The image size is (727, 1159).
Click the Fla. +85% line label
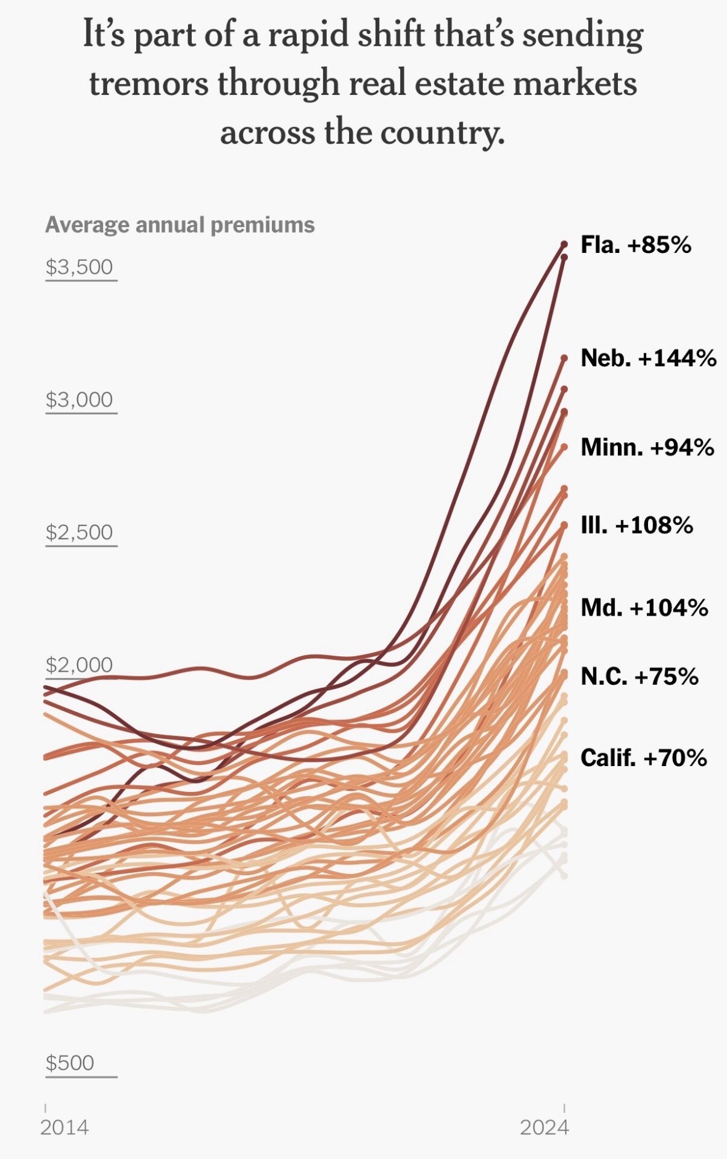coord(636,245)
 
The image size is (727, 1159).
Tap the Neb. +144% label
coord(648,358)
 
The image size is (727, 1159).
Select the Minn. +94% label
coord(647,447)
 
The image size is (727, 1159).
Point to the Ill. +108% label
coord(636,526)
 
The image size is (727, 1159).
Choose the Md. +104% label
coord(644,608)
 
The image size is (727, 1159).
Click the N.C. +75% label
coord(639,677)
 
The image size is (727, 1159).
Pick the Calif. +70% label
coord(643,757)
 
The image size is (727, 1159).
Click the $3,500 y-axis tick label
coord(80,267)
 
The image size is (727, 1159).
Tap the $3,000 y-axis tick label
coord(80,400)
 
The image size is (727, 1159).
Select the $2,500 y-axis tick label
coord(80,532)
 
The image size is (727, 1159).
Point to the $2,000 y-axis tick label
coord(80,665)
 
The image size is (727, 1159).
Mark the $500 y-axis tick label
coord(70,1063)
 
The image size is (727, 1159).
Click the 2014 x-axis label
coord(64,1128)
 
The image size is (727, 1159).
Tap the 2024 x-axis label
coord(544,1128)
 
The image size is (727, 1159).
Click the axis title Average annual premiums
coord(179,225)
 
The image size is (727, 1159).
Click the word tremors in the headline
coord(149,84)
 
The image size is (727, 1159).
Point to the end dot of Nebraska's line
coord(564,357)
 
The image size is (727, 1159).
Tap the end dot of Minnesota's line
coord(564,447)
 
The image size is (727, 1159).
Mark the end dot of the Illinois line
coord(564,526)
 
